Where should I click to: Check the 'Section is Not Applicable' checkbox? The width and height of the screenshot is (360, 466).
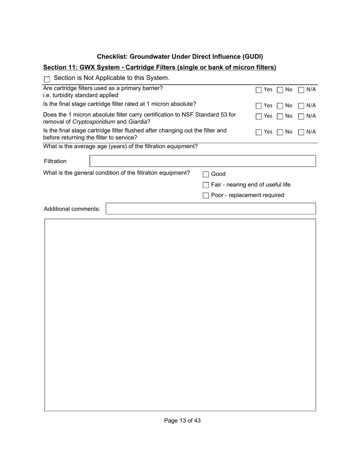click(x=47, y=79)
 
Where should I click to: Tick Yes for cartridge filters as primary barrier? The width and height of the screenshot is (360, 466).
click(x=259, y=90)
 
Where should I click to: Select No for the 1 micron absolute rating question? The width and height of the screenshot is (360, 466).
click(x=280, y=106)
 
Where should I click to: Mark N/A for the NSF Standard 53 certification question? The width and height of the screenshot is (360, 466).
click(x=301, y=116)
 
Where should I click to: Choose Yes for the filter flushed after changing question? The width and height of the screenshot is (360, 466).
click(x=259, y=132)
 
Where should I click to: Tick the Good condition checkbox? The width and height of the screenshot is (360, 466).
click(x=206, y=174)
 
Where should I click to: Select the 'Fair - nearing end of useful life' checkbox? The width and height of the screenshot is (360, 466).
click(x=206, y=185)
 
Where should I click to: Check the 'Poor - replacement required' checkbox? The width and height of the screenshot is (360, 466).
click(x=206, y=195)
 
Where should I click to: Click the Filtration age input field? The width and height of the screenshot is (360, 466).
click(x=202, y=161)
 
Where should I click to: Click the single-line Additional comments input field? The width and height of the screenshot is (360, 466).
click(x=210, y=209)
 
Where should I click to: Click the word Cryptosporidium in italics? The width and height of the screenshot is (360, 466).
click(x=94, y=122)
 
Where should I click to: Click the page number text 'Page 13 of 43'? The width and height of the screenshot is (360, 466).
click(x=182, y=421)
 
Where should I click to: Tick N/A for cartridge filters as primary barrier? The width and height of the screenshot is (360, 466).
click(x=301, y=90)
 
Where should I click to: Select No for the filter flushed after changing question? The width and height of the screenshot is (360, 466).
click(x=280, y=132)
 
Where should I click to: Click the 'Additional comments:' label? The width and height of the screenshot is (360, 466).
click(x=72, y=209)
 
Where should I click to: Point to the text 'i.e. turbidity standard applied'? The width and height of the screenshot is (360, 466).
click(x=81, y=95)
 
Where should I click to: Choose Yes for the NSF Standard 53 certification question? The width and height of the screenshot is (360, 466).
click(x=259, y=116)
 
